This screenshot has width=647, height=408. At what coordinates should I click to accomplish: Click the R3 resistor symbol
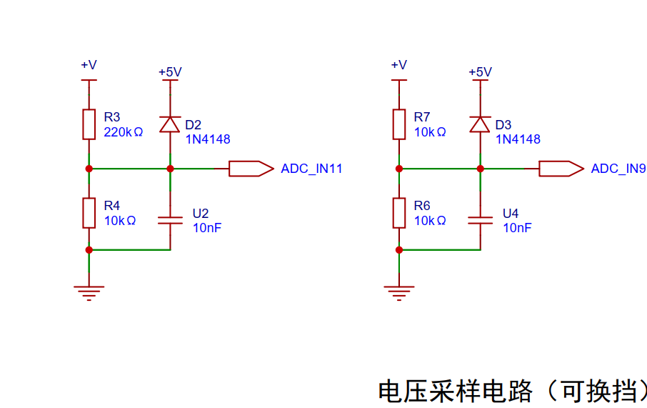coord(89,124)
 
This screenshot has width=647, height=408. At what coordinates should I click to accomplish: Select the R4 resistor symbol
coord(89,213)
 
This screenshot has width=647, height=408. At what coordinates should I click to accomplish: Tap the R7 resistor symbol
coord(399,124)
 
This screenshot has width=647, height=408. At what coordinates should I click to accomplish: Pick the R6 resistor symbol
coord(399,213)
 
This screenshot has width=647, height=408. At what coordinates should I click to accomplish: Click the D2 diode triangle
coord(170,124)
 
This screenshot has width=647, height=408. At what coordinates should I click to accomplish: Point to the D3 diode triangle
coord(481,124)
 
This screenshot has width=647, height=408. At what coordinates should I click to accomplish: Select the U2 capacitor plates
coord(170,221)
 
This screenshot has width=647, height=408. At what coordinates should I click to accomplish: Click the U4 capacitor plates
coord(481,221)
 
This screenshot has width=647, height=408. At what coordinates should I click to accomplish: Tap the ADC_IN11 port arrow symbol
coord(251,169)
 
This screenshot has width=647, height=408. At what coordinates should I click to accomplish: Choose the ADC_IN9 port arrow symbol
coord(561,169)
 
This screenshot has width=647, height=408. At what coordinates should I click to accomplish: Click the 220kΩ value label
coord(124,132)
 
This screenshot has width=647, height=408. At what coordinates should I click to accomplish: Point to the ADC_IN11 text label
coord(311,169)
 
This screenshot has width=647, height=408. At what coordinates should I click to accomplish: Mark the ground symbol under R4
coord(89,293)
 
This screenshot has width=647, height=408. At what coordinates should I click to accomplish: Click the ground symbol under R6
coord(399,293)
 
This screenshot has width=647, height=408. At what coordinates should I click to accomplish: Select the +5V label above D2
coord(170,72)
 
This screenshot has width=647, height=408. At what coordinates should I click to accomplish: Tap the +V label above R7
coord(399,65)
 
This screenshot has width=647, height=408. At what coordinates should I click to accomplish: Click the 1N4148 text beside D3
coord(518,139)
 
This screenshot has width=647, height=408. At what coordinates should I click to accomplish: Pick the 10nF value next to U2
coord(207,227)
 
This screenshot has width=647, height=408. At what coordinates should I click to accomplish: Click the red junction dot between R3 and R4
coord(89,169)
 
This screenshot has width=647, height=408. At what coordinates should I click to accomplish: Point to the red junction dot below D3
coord(481,169)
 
